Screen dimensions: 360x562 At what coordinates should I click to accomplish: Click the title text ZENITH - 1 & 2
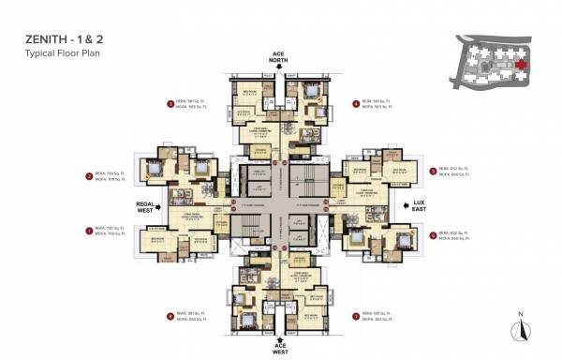click(x=63, y=41)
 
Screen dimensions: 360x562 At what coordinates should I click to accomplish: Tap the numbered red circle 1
click(x=89, y=230)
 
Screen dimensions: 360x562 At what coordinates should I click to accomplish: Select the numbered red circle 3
click(x=170, y=104)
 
